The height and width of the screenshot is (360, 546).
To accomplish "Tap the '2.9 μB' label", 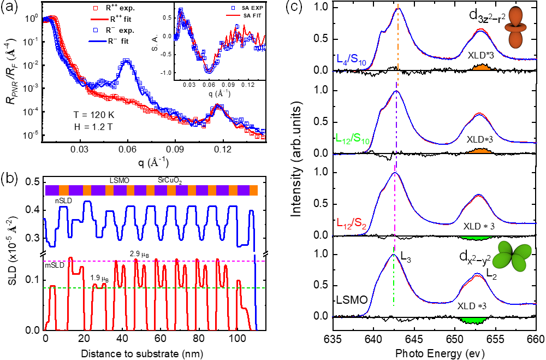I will click(139, 254).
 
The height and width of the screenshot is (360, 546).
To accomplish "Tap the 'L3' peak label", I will click(405, 256).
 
